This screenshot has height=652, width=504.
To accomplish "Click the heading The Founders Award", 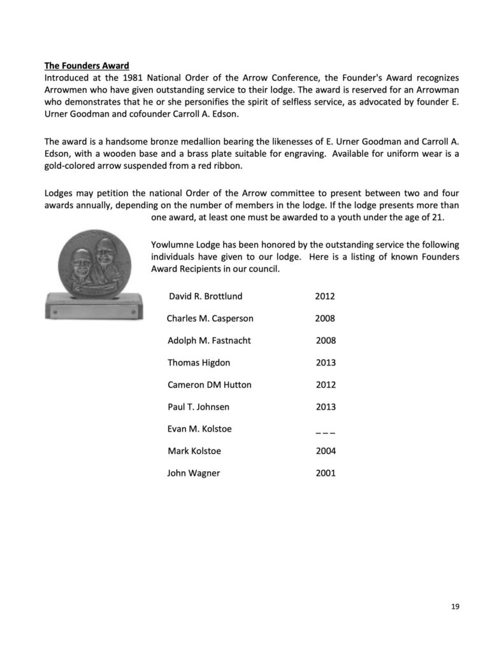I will [x=87, y=66].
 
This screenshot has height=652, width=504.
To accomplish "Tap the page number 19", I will [x=454, y=606].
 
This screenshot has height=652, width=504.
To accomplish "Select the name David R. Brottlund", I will [x=205, y=296].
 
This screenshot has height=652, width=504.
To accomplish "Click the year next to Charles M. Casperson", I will [x=325, y=318].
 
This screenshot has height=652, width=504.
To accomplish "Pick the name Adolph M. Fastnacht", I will [x=209, y=341].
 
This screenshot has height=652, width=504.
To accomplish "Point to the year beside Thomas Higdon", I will [x=326, y=363].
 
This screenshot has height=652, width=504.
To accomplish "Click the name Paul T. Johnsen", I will [x=198, y=407].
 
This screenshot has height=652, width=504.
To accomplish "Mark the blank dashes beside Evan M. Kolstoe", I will [x=325, y=430].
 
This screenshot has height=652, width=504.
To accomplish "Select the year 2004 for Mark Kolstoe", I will [x=326, y=451].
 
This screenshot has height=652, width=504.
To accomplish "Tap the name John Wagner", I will [x=194, y=473].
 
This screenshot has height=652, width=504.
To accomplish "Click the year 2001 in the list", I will [x=326, y=473].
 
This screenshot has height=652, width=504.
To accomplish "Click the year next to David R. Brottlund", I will [x=325, y=296].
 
